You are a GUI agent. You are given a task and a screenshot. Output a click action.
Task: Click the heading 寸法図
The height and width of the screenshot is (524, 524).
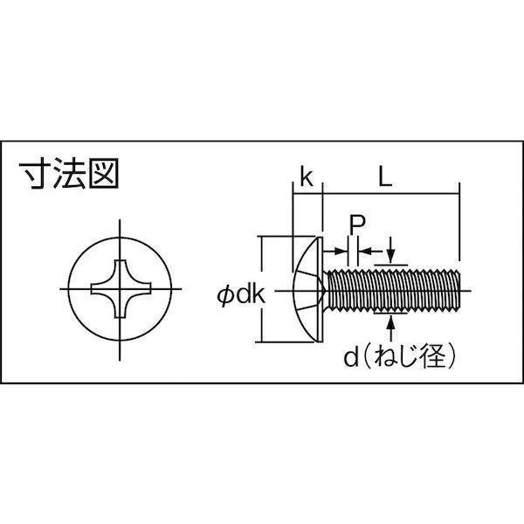pos(69,173)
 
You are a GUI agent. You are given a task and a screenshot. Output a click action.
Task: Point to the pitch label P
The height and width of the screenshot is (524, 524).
pos(357,224)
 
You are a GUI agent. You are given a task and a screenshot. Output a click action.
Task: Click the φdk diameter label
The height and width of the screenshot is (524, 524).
pos(241,295)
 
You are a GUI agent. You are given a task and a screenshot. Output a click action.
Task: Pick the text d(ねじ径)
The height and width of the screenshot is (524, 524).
pos(400,356)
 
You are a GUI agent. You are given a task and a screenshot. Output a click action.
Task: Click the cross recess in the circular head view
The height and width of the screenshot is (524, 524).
pos(121,289)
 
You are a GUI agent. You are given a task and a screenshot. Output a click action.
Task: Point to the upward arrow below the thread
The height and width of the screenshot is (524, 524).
pos(390,329)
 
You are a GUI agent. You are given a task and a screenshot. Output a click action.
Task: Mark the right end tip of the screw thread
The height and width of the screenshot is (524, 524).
pos(460,290)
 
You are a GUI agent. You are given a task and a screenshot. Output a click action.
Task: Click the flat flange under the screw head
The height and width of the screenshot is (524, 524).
pos(321,289)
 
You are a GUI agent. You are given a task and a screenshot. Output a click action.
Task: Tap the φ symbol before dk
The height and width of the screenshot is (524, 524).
pos(225,296)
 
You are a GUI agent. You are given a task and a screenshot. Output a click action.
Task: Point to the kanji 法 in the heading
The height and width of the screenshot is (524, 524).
pos(69,173)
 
